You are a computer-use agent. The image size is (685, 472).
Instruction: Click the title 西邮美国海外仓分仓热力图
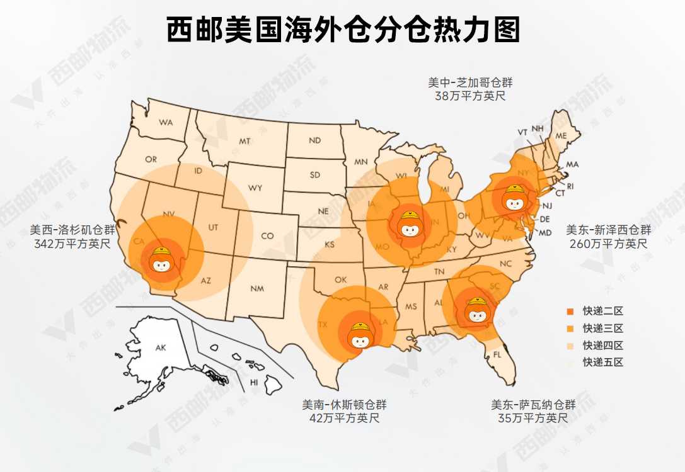343,30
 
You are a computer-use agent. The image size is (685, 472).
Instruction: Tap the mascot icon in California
163,260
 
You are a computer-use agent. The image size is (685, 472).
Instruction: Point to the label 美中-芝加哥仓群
470,83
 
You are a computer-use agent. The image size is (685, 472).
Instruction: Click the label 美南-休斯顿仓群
344,404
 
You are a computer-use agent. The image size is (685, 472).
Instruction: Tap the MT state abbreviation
245,142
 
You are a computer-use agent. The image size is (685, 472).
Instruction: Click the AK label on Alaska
161,347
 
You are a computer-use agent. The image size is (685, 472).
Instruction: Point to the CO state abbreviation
268,236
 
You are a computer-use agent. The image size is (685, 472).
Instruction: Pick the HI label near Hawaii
254,382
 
